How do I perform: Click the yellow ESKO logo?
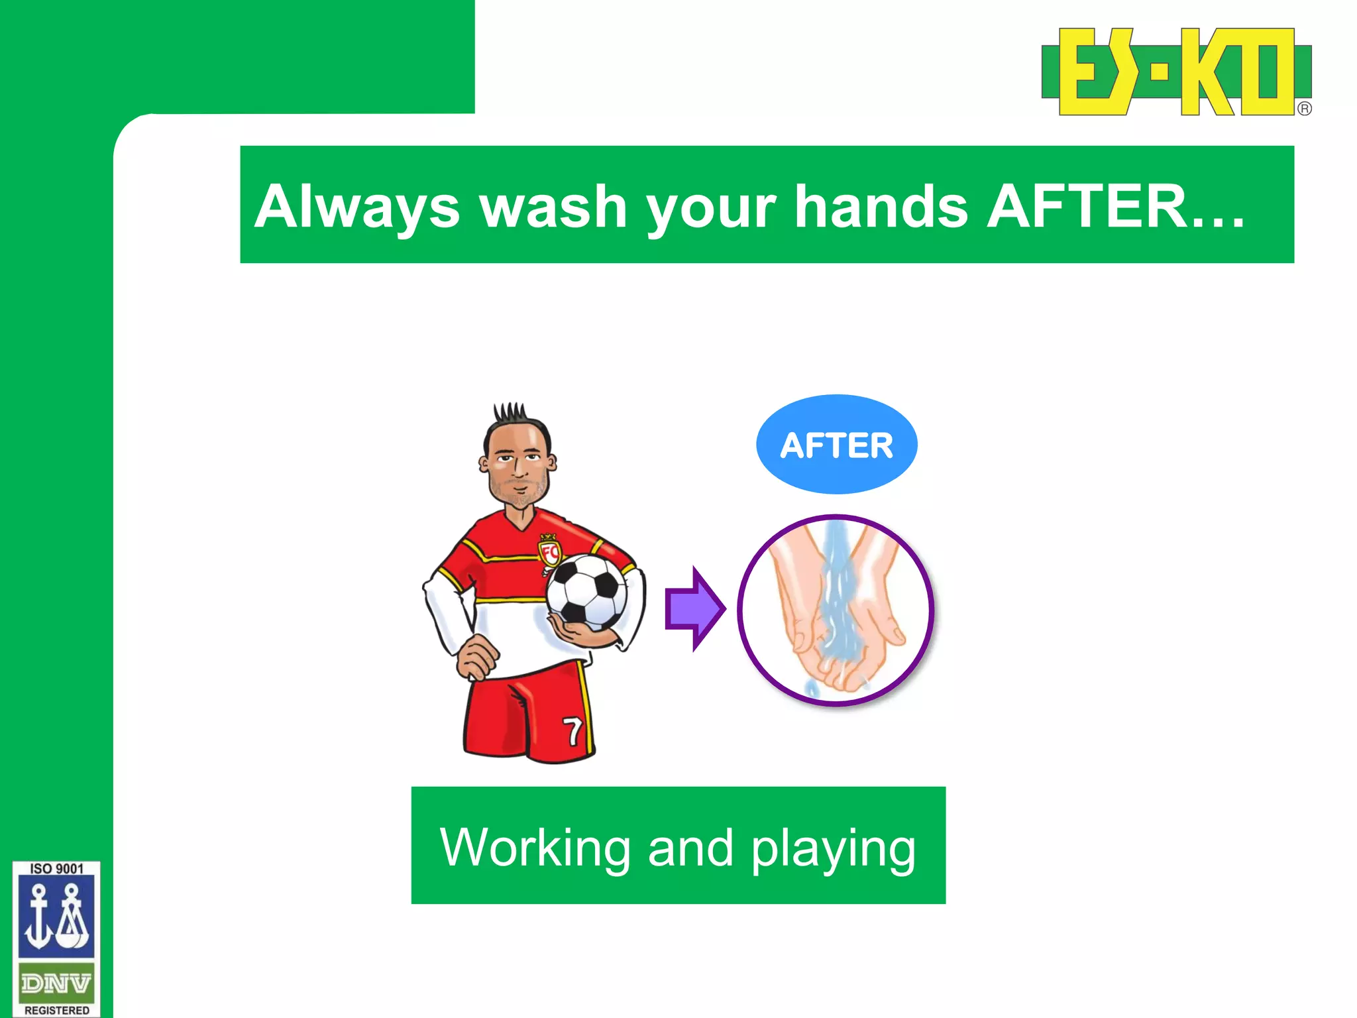click(x=1176, y=72)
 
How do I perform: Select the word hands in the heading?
click(x=881, y=206)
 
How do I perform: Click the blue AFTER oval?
click(x=836, y=444)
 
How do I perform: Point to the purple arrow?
click(x=694, y=608)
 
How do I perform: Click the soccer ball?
click(x=586, y=592)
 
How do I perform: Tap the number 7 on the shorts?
click(x=573, y=731)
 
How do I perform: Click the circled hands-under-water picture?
click(x=836, y=610)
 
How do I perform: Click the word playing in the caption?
click(x=833, y=848)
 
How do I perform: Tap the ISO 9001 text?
click(x=56, y=869)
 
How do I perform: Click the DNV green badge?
click(x=56, y=984)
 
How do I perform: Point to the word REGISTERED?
click(x=56, y=1010)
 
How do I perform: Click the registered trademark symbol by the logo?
click(x=1304, y=109)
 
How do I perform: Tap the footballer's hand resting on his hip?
click(x=476, y=657)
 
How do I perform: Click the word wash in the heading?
click(x=553, y=206)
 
